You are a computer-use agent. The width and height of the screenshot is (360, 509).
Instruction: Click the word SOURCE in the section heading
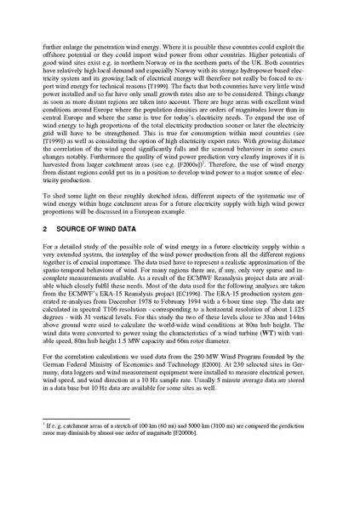click(77, 227)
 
